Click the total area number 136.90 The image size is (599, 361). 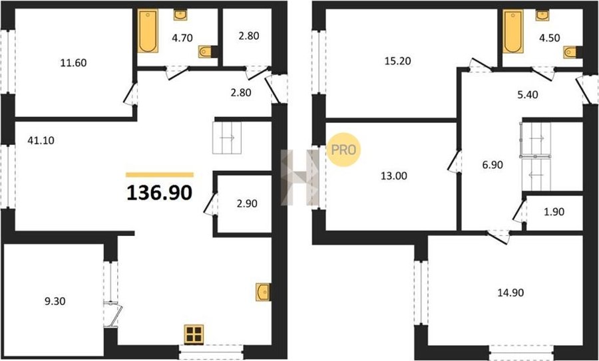click(159, 193)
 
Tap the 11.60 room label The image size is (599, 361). click(73, 63)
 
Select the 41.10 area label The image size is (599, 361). click(41, 141)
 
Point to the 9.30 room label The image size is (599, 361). click(55, 301)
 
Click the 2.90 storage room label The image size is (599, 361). click(247, 203)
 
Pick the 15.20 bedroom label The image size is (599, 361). click(398, 60)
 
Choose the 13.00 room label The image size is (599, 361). click(393, 176)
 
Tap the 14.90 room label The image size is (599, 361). click(510, 293)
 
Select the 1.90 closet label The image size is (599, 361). click(554, 212)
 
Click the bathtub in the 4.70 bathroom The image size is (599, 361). click(148, 31)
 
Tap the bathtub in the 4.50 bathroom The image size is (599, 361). click(512, 31)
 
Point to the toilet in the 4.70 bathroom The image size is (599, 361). click(206, 51)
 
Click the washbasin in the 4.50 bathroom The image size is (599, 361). click(542, 15)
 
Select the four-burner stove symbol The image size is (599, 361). click(194, 334)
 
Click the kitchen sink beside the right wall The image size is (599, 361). click(263, 292)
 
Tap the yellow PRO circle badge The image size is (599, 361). click(344, 150)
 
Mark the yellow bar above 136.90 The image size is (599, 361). click(160, 175)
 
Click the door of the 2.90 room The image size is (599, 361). click(211, 204)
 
